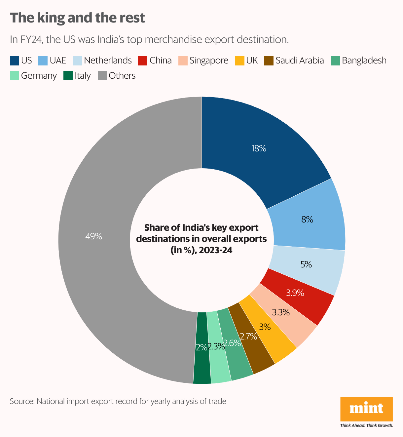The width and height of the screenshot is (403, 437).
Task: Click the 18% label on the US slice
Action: pos(259,149)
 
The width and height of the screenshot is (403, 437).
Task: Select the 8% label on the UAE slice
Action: pos(307,219)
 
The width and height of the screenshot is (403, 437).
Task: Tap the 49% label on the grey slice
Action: pos(93,236)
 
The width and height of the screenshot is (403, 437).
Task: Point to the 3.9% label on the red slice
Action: pos(295,293)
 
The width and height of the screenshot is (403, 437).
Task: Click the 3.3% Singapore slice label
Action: pos(281,312)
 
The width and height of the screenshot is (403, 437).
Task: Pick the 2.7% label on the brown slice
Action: pos(248,337)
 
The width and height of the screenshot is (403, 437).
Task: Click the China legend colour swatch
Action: pos(143,61)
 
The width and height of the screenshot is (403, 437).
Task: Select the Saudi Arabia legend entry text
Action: pos(300,60)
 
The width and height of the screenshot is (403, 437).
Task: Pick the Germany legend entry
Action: pos(39,76)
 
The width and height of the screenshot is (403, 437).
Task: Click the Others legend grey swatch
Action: pos(102,76)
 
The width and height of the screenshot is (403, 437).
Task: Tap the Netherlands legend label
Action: pos(108,60)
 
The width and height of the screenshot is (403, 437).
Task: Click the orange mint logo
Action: pos(366,409)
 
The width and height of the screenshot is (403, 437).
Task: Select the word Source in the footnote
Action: pos(22,401)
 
